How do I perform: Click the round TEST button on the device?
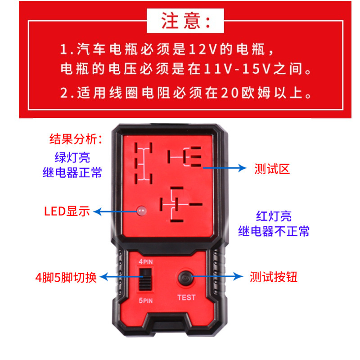(185, 278)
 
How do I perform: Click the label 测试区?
(272, 169)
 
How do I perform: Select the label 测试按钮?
(273, 277)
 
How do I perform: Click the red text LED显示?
(67, 211)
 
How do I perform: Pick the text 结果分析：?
(76, 139)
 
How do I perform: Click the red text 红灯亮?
(274, 216)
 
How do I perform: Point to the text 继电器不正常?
(274, 231)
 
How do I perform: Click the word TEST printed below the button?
(186, 297)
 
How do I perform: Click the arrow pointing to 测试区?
(225, 168)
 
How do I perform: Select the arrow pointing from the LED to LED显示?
(115, 211)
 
